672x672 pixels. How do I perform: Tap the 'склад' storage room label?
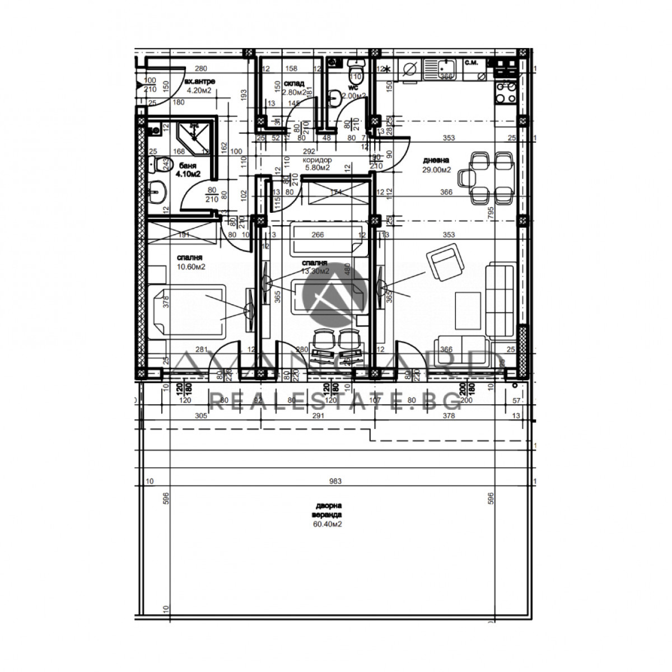[x=298, y=83]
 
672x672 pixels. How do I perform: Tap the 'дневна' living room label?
[x=436, y=160]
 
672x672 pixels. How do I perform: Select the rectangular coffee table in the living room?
[x=467, y=311]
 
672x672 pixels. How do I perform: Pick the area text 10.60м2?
[x=191, y=267]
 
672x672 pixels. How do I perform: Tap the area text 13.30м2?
[x=315, y=271]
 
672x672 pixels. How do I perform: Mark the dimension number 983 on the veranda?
[x=336, y=481]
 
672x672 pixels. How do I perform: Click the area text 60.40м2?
[x=328, y=524]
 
